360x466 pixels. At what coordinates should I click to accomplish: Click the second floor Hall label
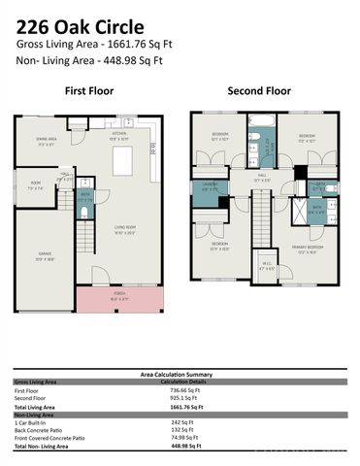(261, 178)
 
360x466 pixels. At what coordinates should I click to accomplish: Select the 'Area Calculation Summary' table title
(180, 373)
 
